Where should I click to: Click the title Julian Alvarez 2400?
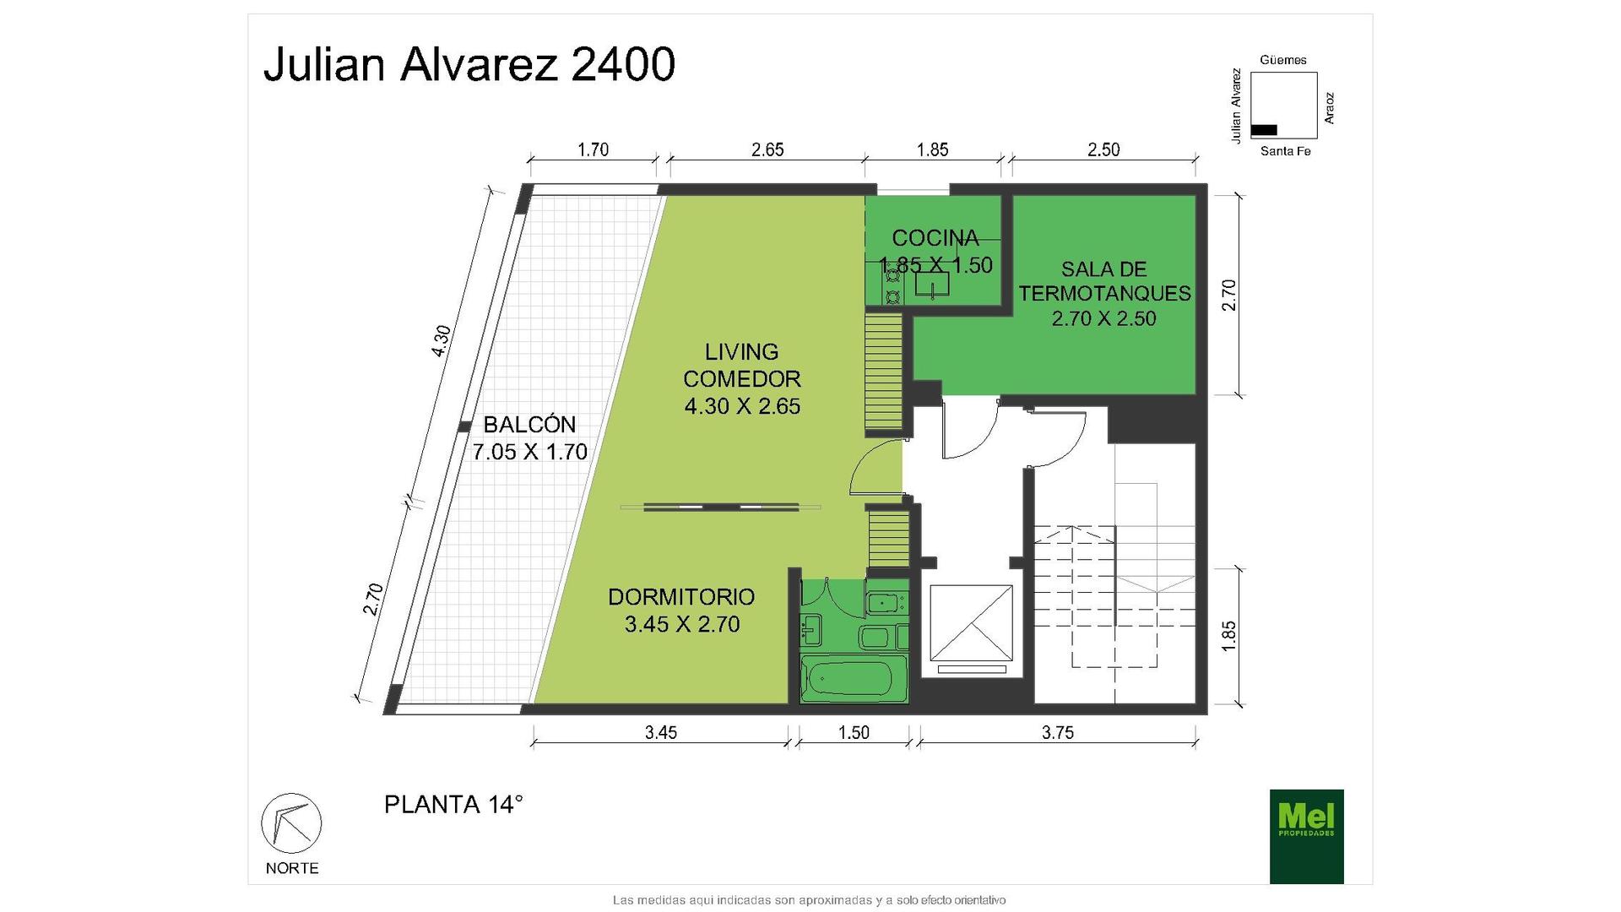coord(469,64)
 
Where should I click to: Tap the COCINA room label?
coord(935,238)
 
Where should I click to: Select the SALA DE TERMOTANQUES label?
coord(1104,281)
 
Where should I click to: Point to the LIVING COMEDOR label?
coord(742,365)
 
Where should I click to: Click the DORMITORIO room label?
coord(681,597)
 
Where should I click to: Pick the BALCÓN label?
coord(529,424)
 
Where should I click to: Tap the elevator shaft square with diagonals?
coord(971,623)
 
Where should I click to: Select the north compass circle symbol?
coord(291,822)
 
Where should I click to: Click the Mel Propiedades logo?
coord(1306,836)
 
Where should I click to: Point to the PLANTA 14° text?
coord(453,805)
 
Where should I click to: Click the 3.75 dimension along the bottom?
coord(1057,733)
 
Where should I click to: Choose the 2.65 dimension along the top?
coord(767,149)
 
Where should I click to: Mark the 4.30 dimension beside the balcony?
coord(441,341)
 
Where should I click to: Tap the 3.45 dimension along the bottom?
coord(661,733)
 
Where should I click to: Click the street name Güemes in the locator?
coord(1283,60)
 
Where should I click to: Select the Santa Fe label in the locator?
coord(1285,151)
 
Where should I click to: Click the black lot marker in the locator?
coord(1264,130)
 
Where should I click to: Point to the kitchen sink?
coord(932,284)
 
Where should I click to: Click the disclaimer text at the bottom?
coord(809,900)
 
